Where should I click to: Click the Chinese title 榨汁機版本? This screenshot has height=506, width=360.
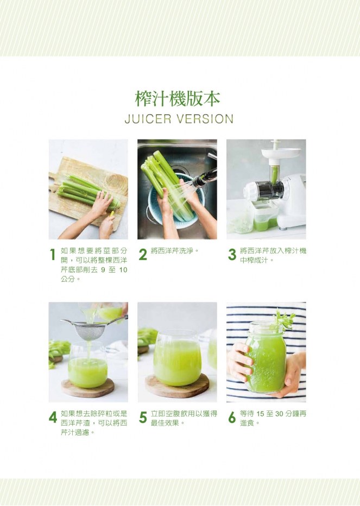click(178, 98)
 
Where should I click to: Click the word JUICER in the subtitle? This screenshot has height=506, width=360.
click(148, 119)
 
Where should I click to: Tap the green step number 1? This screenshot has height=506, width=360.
click(52, 255)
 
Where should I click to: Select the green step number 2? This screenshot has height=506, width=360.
click(143, 255)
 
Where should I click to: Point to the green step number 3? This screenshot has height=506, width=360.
click(232, 255)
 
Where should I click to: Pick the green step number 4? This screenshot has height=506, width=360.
click(53, 418)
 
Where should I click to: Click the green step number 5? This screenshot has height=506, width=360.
click(143, 418)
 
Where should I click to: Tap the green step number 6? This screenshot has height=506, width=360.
click(232, 418)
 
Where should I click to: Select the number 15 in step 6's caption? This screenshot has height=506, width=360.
click(260, 414)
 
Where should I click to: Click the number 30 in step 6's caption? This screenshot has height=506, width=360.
click(279, 414)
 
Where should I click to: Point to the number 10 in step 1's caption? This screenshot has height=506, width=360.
click(123, 270)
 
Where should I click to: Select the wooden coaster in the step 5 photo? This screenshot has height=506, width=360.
click(177, 385)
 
